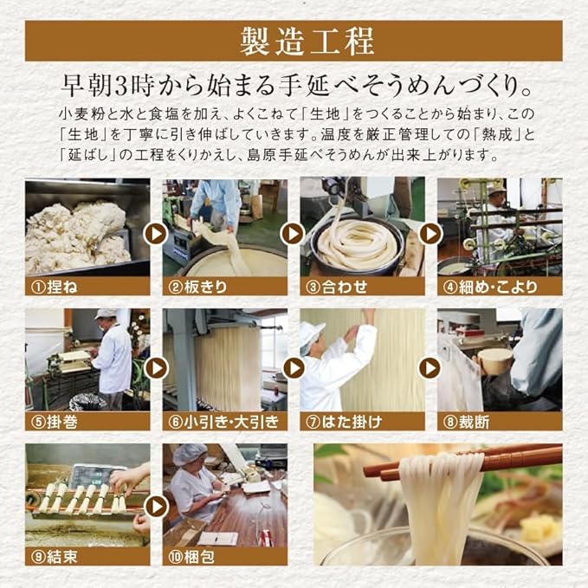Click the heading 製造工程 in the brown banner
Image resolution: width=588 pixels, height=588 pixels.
307,41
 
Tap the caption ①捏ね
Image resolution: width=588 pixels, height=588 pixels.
54,288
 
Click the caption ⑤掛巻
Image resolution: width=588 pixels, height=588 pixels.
54,423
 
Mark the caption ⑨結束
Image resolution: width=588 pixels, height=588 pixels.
54,557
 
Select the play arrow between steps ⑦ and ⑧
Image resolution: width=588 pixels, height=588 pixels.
430,368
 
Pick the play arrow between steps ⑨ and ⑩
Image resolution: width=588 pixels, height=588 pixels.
156,507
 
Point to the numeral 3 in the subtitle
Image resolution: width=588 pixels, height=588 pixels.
122,87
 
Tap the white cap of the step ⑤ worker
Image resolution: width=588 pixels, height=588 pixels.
105,314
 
